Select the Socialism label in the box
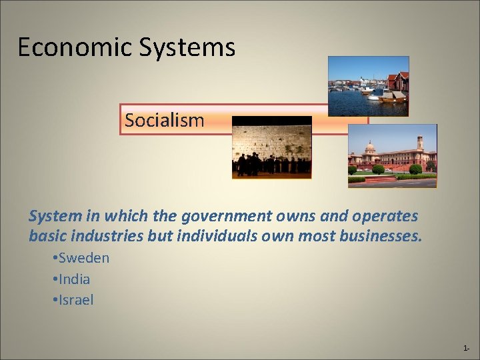(164, 121)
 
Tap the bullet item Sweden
(83, 258)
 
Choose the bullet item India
(74, 279)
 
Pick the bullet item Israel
(76, 300)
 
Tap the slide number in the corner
(466, 349)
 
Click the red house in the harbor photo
(399, 81)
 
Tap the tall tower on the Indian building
(419, 145)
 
